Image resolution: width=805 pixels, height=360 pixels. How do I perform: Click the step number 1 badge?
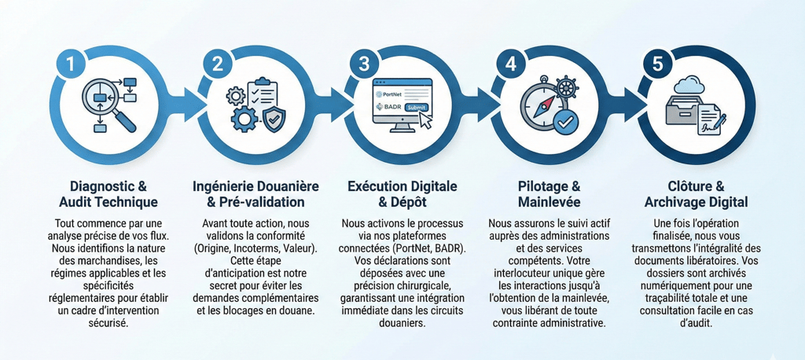coord(71,65)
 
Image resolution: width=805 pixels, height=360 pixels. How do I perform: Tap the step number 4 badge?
coord(511,65)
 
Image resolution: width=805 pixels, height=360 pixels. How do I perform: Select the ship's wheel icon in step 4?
coord(567,89)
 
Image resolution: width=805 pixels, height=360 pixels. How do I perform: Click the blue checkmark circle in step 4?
coord(564,121)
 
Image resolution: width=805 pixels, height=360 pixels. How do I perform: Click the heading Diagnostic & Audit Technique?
coord(108,194)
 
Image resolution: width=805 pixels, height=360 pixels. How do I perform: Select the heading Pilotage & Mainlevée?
coord(548,194)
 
